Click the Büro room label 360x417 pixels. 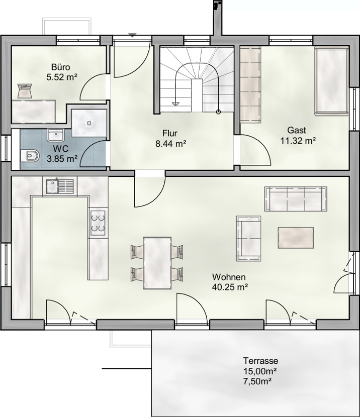[x=61, y=67]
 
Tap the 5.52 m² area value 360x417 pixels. [x=62, y=77]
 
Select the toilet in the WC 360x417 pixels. [x=29, y=156]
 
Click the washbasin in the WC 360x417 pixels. [x=55, y=135]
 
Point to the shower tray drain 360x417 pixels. [x=89, y=123]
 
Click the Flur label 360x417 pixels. [x=170, y=133]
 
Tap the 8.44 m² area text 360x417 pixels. [x=170, y=144]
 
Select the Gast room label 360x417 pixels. [x=297, y=130]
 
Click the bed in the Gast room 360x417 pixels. [x=331, y=81]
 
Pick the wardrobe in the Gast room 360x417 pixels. [x=250, y=84]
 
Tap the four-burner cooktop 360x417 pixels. [x=98, y=223]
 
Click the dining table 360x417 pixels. [x=157, y=263]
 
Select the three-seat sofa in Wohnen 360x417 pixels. [x=296, y=199]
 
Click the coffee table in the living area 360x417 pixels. [x=296, y=238]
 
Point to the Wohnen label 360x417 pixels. [x=229, y=277]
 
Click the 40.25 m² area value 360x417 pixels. [x=230, y=287]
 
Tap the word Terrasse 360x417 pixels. [x=261, y=361]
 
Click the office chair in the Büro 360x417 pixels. [x=25, y=90]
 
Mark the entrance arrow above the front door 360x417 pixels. [x=132, y=35]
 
